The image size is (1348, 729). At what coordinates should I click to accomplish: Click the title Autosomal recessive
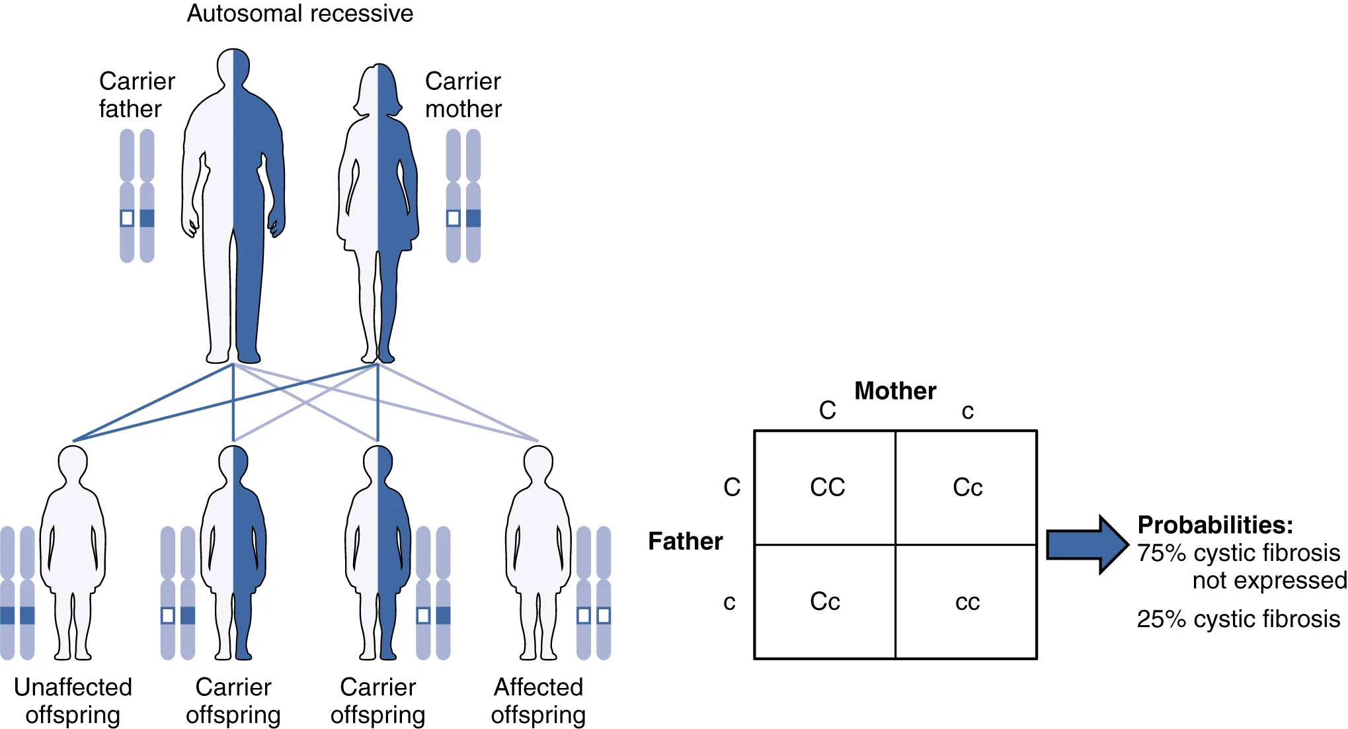(x=299, y=14)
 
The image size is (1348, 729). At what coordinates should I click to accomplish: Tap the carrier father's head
(x=233, y=66)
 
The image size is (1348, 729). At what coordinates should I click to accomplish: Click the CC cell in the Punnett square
(x=827, y=488)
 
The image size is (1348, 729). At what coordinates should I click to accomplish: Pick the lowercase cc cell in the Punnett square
(x=967, y=602)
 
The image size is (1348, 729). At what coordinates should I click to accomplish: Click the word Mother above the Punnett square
(x=895, y=391)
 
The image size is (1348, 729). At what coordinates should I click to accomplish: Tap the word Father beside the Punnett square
(x=685, y=541)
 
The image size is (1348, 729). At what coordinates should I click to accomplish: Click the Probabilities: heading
(x=1215, y=525)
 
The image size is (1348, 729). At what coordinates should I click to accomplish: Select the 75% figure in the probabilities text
(x=1162, y=553)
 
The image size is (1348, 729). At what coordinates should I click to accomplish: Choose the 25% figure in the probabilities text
(x=1162, y=619)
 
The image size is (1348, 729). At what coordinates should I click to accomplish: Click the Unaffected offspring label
(x=73, y=701)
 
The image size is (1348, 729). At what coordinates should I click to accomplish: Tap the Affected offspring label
(x=538, y=701)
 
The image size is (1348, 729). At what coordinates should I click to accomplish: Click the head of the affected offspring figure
(x=538, y=463)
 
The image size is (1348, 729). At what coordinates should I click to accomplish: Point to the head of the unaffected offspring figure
(x=73, y=463)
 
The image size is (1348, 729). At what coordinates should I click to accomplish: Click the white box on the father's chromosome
(x=127, y=218)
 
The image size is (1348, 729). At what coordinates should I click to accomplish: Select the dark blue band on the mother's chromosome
(x=473, y=218)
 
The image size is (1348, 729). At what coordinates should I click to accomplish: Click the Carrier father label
(x=136, y=95)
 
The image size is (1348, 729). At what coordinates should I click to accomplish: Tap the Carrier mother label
(x=463, y=95)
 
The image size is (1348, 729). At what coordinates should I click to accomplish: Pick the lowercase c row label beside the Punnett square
(x=729, y=602)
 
